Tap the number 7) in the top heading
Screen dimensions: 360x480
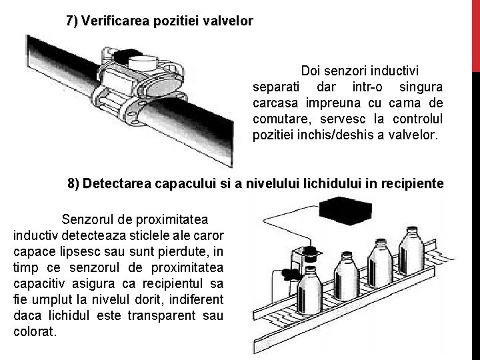72,21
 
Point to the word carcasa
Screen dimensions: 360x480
273,103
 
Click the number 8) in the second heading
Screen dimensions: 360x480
75,183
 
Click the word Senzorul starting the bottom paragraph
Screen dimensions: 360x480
88,219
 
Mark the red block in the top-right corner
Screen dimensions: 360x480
475,33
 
